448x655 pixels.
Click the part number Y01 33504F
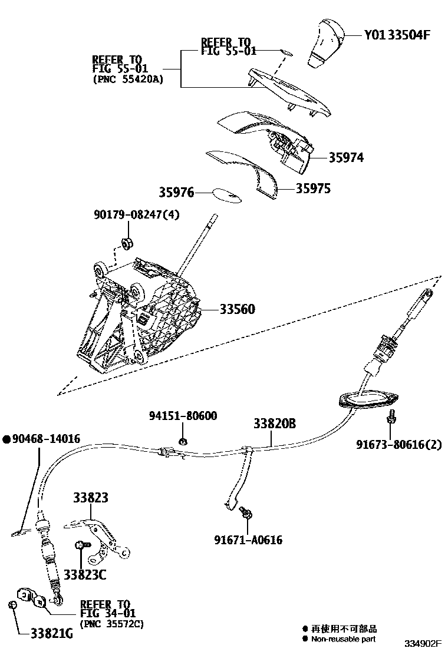pyautogui.click(x=397, y=35)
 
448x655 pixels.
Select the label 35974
pyautogui.click(x=346, y=158)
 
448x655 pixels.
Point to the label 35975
pyautogui.click(x=313, y=189)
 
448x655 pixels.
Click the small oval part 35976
pyautogui.click(x=227, y=195)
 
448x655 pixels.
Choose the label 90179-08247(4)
pyautogui.click(x=136, y=214)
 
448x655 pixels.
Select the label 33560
pyautogui.click(x=238, y=309)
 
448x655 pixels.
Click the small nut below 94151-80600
pyautogui.click(x=183, y=441)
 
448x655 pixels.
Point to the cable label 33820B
pyautogui.click(x=275, y=424)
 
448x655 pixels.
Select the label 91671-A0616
pyautogui.click(x=248, y=540)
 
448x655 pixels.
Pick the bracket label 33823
pyautogui.click(x=91, y=498)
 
